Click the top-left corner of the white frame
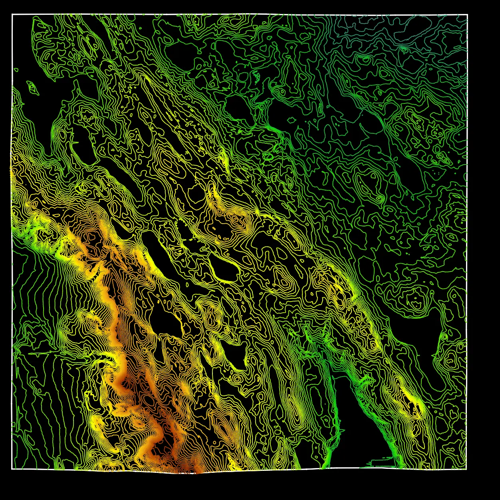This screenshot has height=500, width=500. click(x=12, y=14)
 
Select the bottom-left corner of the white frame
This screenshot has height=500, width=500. click(x=12, y=468)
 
